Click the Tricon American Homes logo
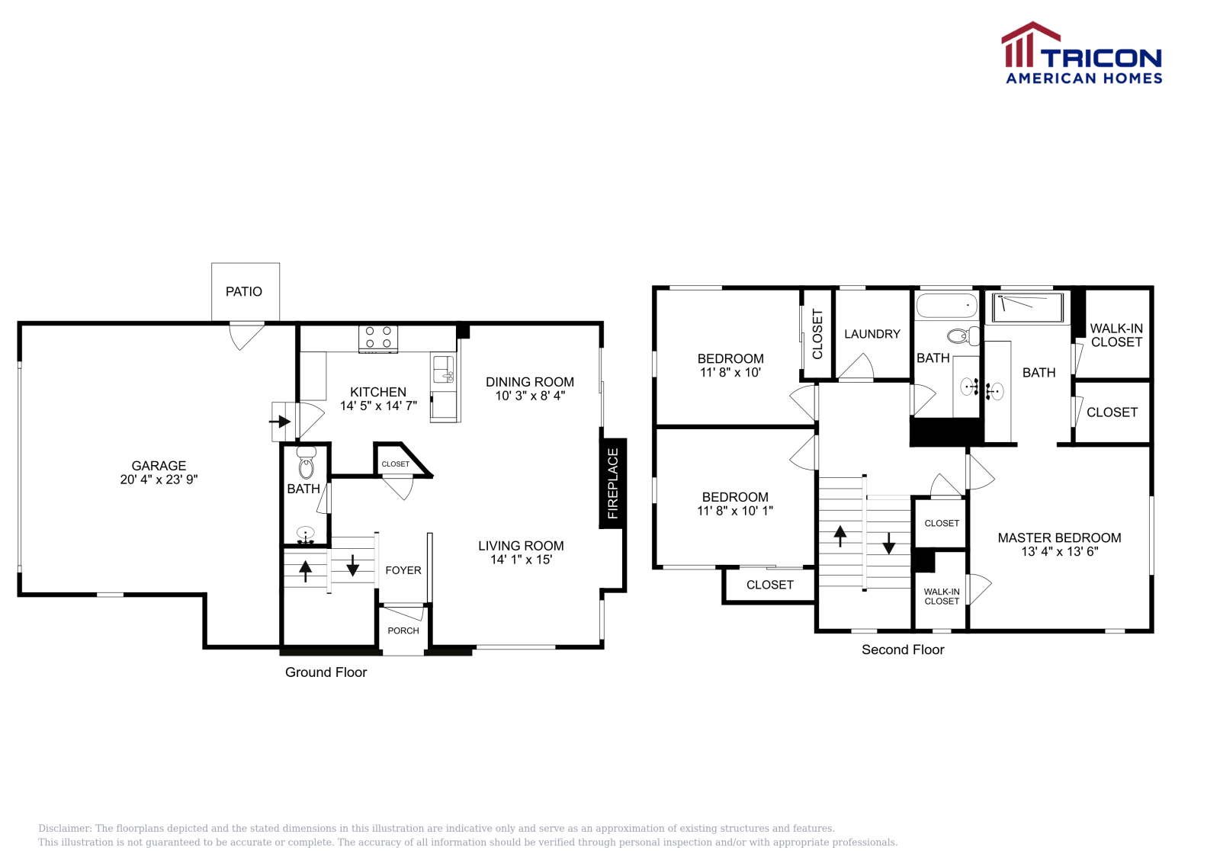[x=1081, y=53]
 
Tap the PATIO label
[x=244, y=292]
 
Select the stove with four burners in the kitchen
[x=378, y=338]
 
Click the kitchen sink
[x=443, y=369]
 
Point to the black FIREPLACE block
[x=613, y=483]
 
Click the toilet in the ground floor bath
[x=306, y=463]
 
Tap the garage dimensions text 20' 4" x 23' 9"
[x=159, y=480]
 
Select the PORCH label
[x=403, y=630]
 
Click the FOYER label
[x=403, y=570]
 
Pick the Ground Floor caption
[x=326, y=672]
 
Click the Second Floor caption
[x=903, y=650]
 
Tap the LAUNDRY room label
[x=872, y=334]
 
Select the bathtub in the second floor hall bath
[x=946, y=306]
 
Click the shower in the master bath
[x=1027, y=308]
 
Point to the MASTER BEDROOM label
[x=1059, y=538]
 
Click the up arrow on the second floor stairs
[x=840, y=536]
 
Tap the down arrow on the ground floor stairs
[x=352, y=565]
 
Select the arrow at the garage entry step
[x=280, y=422]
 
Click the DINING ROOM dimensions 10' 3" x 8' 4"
[x=530, y=396]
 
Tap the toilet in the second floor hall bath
[x=963, y=336]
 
